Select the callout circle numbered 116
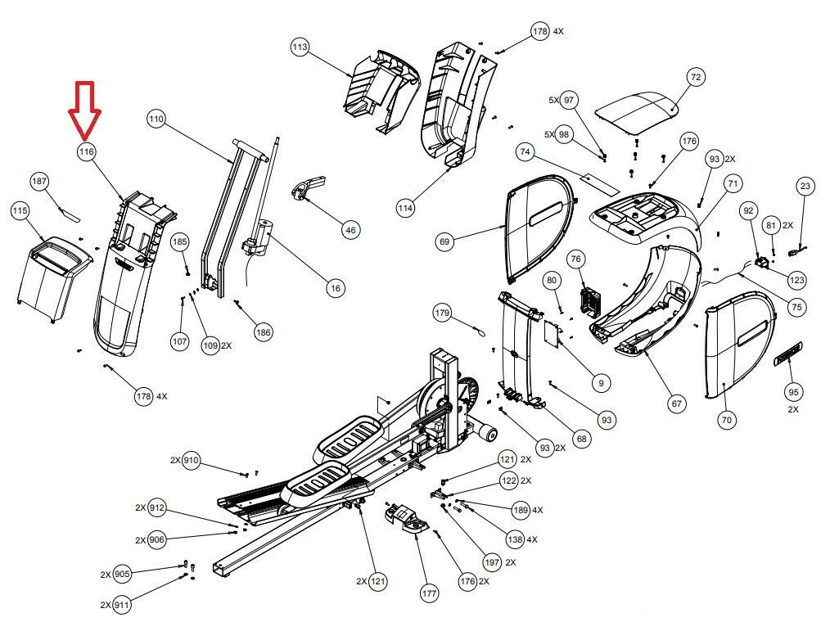87,151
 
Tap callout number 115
20,212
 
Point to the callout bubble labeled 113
300,48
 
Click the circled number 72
695,78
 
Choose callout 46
350,230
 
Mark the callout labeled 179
442,313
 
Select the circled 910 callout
191,461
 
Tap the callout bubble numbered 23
806,187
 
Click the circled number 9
601,382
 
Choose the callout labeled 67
677,403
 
